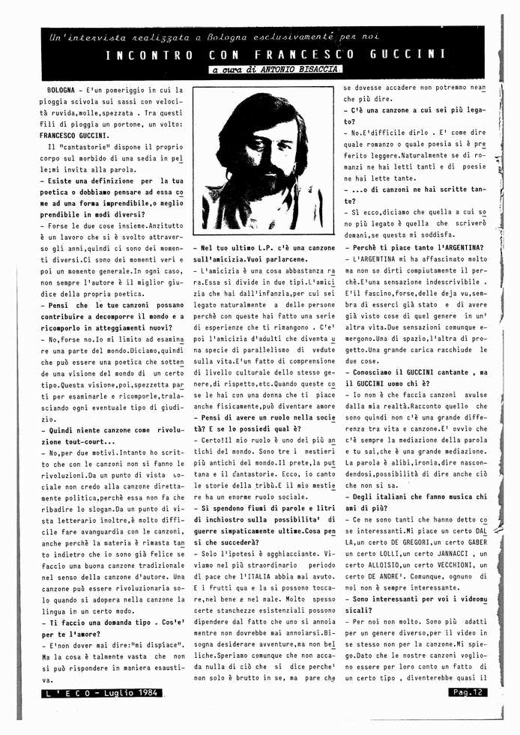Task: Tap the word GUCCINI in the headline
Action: click(x=408, y=55)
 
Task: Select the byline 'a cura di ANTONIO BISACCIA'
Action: click(x=276, y=70)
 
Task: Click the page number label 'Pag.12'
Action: click(x=470, y=692)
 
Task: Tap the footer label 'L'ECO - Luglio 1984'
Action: click(x=104, y=694)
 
